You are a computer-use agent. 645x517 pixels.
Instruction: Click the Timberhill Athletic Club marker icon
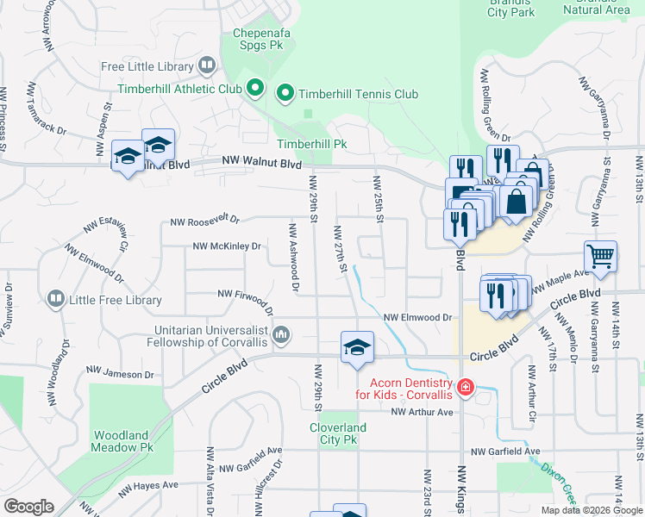(x=255, y=88)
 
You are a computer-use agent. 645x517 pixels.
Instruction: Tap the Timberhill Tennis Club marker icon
(x=285, y=93)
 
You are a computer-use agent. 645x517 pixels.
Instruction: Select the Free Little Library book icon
(x=206, y=65)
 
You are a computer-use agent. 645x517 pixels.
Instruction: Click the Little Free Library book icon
(x=55, y=299)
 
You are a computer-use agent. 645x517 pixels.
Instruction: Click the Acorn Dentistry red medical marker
(x=466, y=388)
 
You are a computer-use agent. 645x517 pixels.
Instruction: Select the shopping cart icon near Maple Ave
(x=600, y=256)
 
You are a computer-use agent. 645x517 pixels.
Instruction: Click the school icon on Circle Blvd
(x=357, y=347)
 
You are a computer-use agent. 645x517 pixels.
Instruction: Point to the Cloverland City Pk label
(x=338, y=433)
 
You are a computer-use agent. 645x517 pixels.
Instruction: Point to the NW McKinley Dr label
(x=226, y=246)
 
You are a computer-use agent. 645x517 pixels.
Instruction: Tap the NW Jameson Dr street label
(x=119, y=373)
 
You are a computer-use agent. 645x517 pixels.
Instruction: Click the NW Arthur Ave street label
(x=422, y=413)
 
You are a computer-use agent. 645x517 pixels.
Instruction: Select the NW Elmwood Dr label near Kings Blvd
(x=418, y=318)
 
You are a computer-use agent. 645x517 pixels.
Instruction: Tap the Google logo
(x=28, y=507)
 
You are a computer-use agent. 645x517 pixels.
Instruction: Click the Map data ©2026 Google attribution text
(x=592, y=510)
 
